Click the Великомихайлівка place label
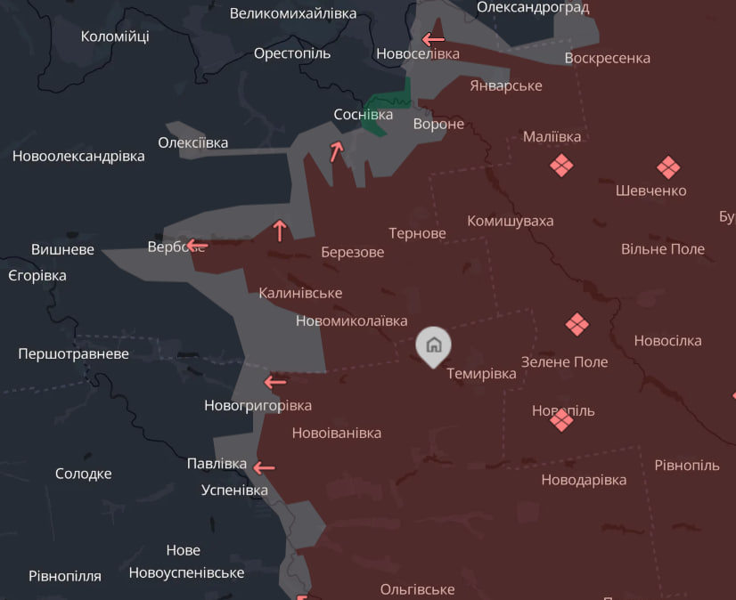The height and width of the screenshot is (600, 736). click(292, 13)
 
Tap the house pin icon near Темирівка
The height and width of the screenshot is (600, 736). click(433, 345)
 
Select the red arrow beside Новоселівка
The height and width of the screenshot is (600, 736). click(433, 39)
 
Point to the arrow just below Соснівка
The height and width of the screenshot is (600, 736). click(336, 151)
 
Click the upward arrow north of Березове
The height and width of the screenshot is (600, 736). click(280, 231)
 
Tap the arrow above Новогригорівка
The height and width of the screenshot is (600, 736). click(275, 382)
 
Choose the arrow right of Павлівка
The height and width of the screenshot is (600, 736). click(264, 466)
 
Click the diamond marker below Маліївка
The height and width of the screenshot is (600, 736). click(560, 166)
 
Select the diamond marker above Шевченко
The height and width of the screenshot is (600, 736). click(668, 167)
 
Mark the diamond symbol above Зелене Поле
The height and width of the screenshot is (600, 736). click(577, 324)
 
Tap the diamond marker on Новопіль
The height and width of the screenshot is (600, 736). click(561, 419)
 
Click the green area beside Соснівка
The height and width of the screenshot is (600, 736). click(389, 108)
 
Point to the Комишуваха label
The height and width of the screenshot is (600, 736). click(511, 221)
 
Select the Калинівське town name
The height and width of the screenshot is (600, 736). click(300, 293)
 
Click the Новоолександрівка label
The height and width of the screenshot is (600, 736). click(78, 156)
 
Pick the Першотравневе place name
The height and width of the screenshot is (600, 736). click(73, 353)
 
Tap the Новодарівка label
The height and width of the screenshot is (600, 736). click(584, 480)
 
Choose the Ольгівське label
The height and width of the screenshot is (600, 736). click(417, 589)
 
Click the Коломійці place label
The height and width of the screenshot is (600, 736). click(115, 36)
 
